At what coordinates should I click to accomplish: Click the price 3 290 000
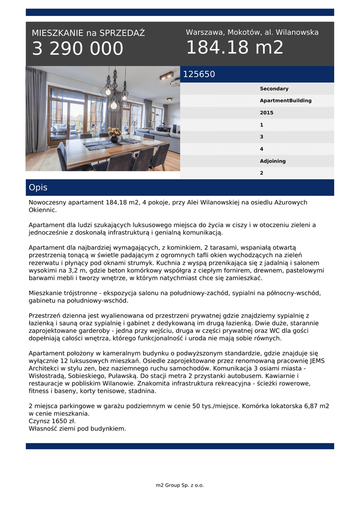(x=77, y=49)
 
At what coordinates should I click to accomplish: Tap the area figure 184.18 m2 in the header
(x=234, y=48)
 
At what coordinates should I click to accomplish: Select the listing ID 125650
(x=199, y=74)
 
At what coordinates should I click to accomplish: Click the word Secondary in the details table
(x=274, y=89)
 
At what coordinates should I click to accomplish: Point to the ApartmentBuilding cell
(x=286, y=101)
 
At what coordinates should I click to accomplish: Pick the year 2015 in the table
(x=266, y=113)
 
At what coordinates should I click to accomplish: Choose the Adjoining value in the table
(x=273, y=161)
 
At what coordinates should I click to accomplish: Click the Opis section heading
(x=38, y=188)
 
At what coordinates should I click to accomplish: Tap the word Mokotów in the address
(x=244, y=32)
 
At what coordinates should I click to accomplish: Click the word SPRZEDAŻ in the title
(x=122, y=33)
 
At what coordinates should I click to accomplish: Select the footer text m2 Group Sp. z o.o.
(x=180, y=485)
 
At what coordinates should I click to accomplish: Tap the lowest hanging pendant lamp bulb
(x=114, y=105)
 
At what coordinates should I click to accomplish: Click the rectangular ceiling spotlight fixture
(x=166, y=76)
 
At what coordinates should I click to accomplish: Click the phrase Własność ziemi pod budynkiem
(x=77, y=429)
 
